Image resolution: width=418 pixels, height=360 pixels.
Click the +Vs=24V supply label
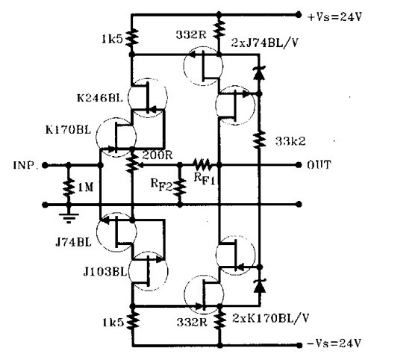point(334,17)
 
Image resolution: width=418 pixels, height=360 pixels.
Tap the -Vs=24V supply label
point(334,343)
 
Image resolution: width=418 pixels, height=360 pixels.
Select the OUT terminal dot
point(299,165)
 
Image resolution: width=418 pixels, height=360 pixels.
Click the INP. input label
point(25,165)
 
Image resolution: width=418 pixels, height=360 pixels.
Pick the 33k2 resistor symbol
point(259,140)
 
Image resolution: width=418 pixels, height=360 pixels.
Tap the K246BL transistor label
point(100,98)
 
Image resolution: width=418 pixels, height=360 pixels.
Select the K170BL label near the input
point(68,130)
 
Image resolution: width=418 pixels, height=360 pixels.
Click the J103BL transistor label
point(104,272)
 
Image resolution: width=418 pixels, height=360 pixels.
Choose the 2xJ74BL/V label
point(264,43)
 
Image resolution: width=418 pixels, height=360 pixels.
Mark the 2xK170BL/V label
point(270,318)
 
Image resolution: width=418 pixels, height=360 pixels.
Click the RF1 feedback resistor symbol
point(202,165)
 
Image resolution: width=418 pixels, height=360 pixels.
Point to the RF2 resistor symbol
point(180,187)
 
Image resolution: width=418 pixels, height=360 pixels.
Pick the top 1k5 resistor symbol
point(131,38)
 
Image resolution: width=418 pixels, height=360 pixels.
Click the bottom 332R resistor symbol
point(219,321)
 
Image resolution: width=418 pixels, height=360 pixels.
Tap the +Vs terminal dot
point(299,15)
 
